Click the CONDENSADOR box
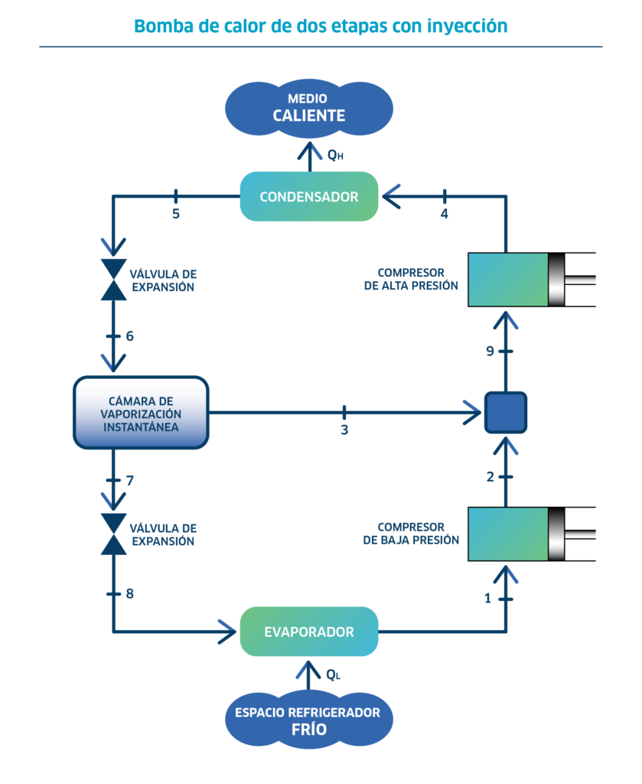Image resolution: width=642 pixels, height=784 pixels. click(309, 197)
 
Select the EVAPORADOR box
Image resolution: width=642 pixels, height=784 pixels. click(309, 632)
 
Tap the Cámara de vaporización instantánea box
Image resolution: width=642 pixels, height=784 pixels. click(141, 413)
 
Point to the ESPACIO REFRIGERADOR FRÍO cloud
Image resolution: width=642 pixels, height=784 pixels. click(308, 720)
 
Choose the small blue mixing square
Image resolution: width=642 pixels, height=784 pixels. click(506, 413)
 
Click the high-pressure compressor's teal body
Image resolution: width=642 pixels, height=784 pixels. click(508, 279)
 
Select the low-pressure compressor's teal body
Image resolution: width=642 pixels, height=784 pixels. click(508, 534)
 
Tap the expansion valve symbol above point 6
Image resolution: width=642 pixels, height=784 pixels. click(114, 279)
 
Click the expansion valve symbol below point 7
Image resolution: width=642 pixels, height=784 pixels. click(114, 534)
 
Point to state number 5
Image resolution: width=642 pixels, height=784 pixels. click(176, 214)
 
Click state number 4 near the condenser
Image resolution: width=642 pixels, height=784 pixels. click(444, 214)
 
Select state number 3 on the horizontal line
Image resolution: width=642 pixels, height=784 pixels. click(344, 430)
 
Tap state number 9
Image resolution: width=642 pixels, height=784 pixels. click(490, 351)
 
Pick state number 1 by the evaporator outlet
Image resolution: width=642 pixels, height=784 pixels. click(487, 598)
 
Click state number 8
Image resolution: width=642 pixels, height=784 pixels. click(130, 593)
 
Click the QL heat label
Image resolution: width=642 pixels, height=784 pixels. click(333, 675)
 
